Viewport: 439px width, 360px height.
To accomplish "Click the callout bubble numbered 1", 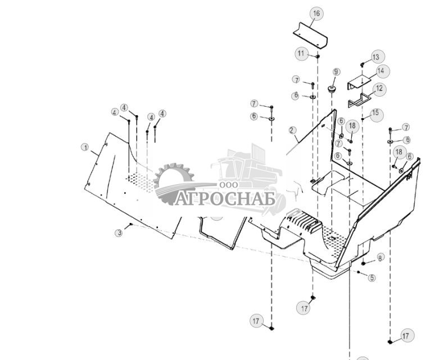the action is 85,148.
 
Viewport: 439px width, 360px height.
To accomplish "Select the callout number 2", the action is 292,130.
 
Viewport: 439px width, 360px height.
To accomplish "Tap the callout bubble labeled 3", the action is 119,233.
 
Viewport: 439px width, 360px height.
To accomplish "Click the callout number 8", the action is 380,258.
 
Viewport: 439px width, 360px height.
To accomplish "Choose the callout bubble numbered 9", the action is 336,72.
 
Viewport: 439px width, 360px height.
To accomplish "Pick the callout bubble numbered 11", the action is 302,54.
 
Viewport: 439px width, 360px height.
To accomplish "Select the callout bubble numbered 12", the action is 379,89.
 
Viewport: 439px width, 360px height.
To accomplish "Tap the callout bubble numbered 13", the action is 375,57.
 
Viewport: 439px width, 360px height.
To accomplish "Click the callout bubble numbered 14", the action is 381,71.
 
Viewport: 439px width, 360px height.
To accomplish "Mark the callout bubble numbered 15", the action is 375,113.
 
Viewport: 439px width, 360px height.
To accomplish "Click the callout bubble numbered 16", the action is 316,13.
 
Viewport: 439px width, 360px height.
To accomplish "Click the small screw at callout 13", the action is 363,64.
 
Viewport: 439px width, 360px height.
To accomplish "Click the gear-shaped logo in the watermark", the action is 174,183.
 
